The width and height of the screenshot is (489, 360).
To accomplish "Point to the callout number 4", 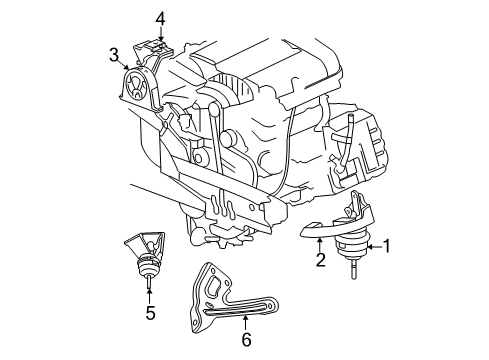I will click(x=160, y=17).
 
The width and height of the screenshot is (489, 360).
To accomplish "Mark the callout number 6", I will click(x=246, y=341).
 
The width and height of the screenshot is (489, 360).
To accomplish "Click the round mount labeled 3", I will click(x=135, y=85).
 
